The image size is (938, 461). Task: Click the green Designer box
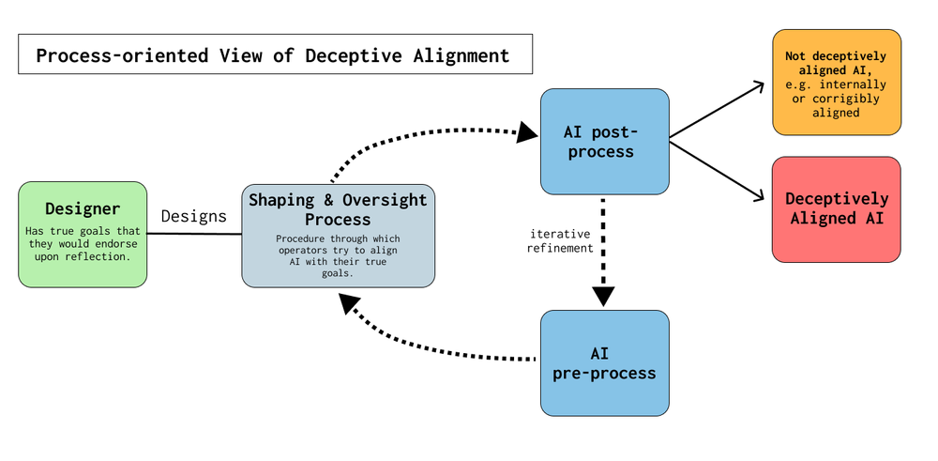83,234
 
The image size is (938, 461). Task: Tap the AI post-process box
605,141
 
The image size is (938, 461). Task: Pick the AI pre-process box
605,362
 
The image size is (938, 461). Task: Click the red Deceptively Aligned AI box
836,208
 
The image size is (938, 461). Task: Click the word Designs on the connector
193,216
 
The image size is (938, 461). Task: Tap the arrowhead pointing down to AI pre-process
603,296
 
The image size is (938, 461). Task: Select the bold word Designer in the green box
83,208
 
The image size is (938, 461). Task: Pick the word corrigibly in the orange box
843,99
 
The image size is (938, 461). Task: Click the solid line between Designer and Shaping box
194,233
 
